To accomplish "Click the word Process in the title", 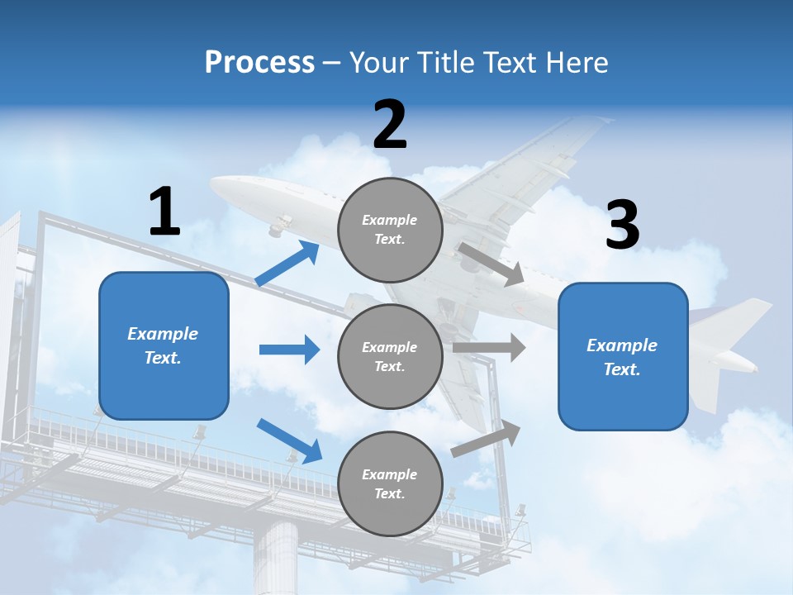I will [x=259, y=63].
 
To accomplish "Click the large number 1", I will [x=164, y=212].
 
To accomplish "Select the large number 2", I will [x=390, y=125].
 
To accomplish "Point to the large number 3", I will [x=622, y=226].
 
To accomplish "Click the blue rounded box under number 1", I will [x=164, y=345].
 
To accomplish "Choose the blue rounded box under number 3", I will [x=623, y=356].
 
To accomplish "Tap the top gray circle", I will [x=390, y=230].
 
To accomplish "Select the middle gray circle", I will [x=390, y=356].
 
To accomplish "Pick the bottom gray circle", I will [x=390, y=483].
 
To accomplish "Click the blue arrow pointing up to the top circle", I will [x=287, y=264].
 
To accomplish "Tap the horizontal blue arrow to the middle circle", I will [x=289, y=350].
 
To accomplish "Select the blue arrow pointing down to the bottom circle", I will [x=290, y=440].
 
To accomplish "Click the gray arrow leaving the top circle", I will [x=491, y=264].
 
